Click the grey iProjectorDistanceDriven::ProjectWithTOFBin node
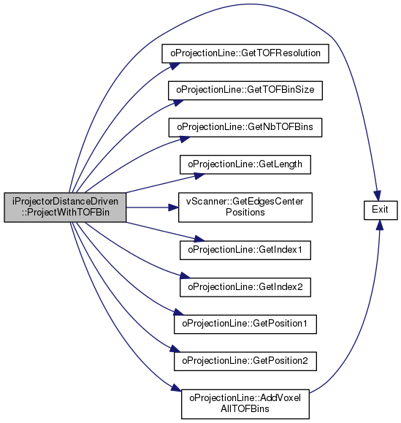(x=65, y=207)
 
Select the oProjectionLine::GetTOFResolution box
(x=245, y=53)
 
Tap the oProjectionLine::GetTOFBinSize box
(x=245, y=91)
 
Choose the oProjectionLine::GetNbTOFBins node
(x=245, y=127)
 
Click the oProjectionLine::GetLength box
(x=245, y=164)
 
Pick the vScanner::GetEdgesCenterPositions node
(x=245, y=207)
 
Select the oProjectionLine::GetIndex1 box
(x=245, y=250)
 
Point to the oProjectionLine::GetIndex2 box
(x=245, y=287)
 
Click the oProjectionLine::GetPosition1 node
(x=245, y=324)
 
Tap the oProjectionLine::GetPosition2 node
(x=245, y=361)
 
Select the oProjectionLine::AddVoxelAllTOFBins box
(x=245, y=404)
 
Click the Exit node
(x=381, y=210)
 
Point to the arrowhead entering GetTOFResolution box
(x=175, y=66)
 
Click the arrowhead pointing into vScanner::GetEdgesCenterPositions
(x=173, y=207)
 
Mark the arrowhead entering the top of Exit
(x=378, y=196)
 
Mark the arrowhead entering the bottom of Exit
(x=380, y=225)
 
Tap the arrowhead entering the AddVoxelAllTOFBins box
(x=176, y=388)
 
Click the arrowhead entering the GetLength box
(x=199, y=176)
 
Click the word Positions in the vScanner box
(x=245, y=213)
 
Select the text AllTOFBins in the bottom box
(x=245, y=408)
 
